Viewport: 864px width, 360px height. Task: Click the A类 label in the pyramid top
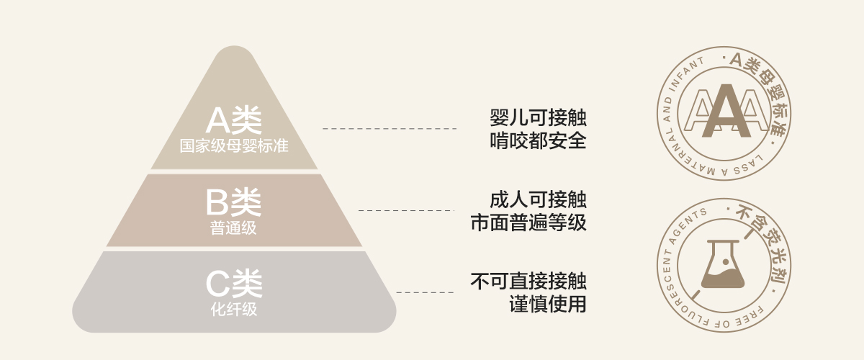pyautogui.click(x=234, y=120)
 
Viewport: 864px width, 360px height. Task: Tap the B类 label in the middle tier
pyautogui.click(x=234, y=204)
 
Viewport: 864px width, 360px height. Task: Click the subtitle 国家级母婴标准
pyautogui.click(x=234, y=146)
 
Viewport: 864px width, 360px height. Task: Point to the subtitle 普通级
pyautogui.click(x=234, y=229)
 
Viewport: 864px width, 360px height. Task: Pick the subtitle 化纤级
pyautogui.click(x=234, y=310)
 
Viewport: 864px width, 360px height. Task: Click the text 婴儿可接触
pyautogui.click(x=538, y=118)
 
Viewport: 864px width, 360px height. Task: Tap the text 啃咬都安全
pyautogui.click(x=538, y=140)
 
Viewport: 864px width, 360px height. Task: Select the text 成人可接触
pyautogui.click(x=538, y=200)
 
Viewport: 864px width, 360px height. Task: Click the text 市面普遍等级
pyautogui.click(x=528, y=222)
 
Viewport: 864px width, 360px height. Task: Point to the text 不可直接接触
pyautogui.click(x=528, y=282)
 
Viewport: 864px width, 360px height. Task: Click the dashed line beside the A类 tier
pyautogui.click(x=389, y=128)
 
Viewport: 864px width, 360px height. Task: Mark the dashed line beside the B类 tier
pyautogui.click(x=407, y=210)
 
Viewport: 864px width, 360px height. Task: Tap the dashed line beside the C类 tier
pyautogui.click(x=425, y=292)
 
